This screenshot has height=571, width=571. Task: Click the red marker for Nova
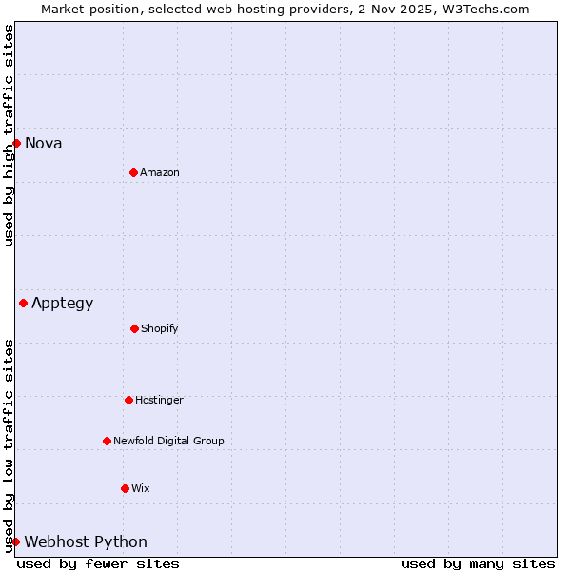[x=16, y=143]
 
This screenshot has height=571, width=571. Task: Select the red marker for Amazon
[x=133, y=172]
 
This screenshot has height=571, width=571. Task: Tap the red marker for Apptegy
[x=23, y=303]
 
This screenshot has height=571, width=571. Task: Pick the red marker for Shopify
[x=134, y=328]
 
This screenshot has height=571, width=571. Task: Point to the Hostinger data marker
[x=128, y=400]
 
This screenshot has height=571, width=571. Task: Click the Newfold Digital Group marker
[x=107, y=441]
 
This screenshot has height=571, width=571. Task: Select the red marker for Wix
[x=125, y=488]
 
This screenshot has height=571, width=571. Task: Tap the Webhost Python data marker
[x=15, y=541]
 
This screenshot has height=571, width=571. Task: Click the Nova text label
[x=43, y=144]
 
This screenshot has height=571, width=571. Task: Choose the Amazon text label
[x=160, y=173]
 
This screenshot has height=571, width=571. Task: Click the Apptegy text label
[x=62, y=304]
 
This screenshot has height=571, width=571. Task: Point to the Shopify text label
[x=160, y=329]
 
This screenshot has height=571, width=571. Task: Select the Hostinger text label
[x=159, y=401]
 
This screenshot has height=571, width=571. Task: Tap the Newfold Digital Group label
[x=168, y=442]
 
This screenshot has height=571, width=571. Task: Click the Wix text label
[x=141, y=489]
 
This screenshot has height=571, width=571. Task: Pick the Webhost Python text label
[x=86, y=542]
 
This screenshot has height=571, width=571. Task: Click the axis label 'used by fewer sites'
[x=98, y=563]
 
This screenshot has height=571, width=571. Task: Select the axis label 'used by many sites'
[x=478, y=563]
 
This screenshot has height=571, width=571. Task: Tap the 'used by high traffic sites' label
[x=9, y=135]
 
